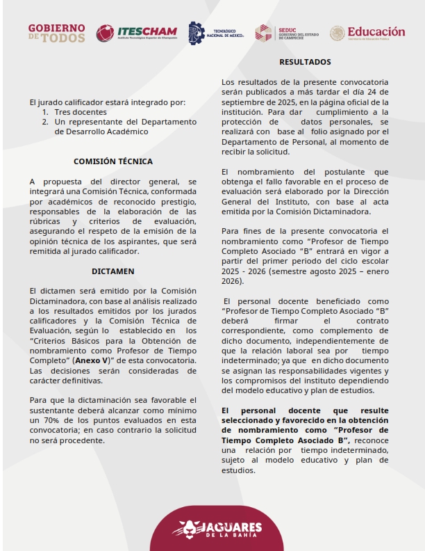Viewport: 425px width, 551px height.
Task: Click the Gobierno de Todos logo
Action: click(57, 33)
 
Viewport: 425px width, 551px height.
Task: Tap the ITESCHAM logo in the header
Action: click(137, 33)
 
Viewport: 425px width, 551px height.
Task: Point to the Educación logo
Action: click(367, 33)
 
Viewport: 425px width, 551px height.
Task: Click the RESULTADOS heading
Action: click(305, 62)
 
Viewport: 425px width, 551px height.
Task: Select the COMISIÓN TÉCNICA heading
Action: click(113, 161)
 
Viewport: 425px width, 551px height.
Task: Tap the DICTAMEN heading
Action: click(113, 271)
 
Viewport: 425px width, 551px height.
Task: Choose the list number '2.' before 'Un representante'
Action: click(46, 121)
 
